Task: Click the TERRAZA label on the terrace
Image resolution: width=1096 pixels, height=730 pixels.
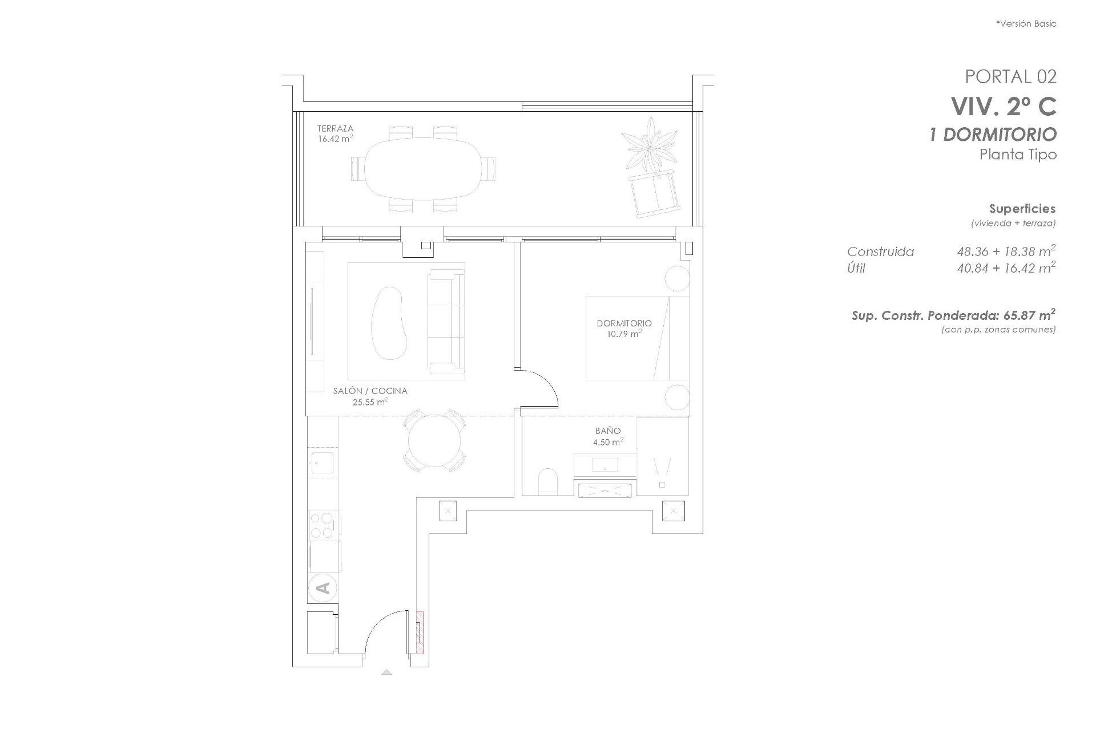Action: coord(335,129)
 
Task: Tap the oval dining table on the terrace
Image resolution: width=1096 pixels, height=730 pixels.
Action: coord(422,168)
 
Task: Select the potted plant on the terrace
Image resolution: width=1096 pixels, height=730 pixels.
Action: coord(650,144)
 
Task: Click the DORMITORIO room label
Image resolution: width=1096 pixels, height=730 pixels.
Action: coord(624,323)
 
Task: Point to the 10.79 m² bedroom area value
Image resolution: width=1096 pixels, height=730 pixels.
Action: coord(624,334)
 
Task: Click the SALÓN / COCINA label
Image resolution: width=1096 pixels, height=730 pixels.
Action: coord(370,391)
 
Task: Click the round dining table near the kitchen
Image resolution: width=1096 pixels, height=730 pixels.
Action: coord(434,442)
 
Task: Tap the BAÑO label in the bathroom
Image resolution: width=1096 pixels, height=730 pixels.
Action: coord(607,431)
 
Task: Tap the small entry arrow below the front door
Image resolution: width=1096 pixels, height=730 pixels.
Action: coord(386,672)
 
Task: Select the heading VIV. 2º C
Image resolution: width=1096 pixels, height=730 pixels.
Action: coord(1003,106)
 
